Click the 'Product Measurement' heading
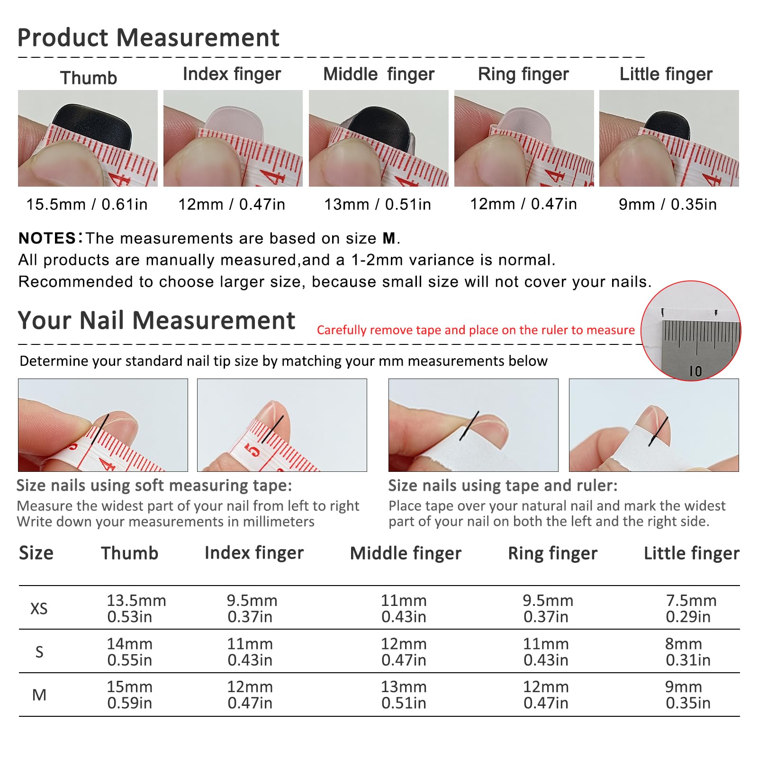tap(148, 38)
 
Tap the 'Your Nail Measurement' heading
tap(156, 321)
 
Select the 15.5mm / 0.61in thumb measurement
tap(87, 204)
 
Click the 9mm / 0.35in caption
tap(668, 204)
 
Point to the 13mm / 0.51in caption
tap(378, 204)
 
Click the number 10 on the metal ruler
tap(695, 371)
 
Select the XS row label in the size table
tap(39, 608)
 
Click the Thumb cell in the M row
tap(130, 695)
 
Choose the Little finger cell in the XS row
tap(691, 608)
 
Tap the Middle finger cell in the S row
tap(404, 651)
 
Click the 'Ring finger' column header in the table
tap(552, 553)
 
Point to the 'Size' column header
tap(36, 553)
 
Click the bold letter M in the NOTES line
tap(389, 238)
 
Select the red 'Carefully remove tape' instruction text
tap(476, 330)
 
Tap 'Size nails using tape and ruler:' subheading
tap(503, 486)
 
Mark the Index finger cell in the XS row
tap(252, 608)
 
